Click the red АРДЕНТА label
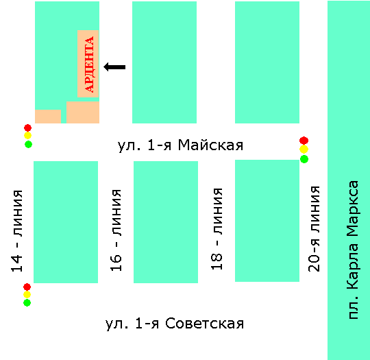coord(90,64)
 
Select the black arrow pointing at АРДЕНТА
coord(114,67)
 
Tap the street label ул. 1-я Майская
coord(180,145)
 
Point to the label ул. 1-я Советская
coord(175,324)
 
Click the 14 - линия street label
coord(17,231)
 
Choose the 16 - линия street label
coord(116,230)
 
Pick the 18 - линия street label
coord(217,229)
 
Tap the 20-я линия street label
coord(314,228)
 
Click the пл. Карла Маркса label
coord(354,250)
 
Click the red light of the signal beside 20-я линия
coord(304,141)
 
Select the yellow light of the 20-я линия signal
coord(304,149)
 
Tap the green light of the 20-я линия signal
coord(304,159)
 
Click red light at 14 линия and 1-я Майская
coord(27,128)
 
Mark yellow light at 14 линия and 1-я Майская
coord(27,136)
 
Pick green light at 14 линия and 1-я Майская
coord(28,144)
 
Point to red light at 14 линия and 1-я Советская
coord(27,287)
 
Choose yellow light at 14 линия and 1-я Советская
coord(27,295)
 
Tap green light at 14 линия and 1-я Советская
coord(27,302)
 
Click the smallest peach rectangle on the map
coord(48,117)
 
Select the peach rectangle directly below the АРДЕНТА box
coord(83,112)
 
